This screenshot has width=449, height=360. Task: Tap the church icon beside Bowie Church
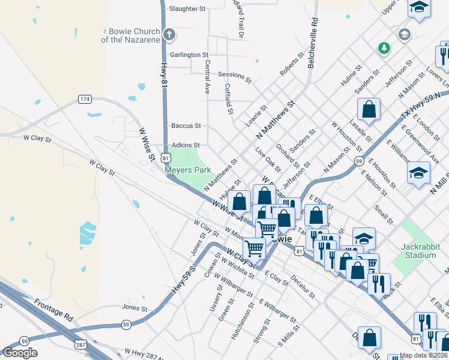click(169, 34)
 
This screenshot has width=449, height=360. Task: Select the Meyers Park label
click(188, 170)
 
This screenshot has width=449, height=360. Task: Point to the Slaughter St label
click(187, 9)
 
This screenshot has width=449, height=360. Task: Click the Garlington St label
click(189, 55)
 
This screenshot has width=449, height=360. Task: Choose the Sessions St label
click(235, 76)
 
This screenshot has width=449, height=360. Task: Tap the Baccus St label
click(186, 126)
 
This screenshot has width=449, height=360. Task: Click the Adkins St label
click(185, 145)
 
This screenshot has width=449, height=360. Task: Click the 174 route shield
click(85, 98)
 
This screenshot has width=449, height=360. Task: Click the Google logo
click(20, 353)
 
